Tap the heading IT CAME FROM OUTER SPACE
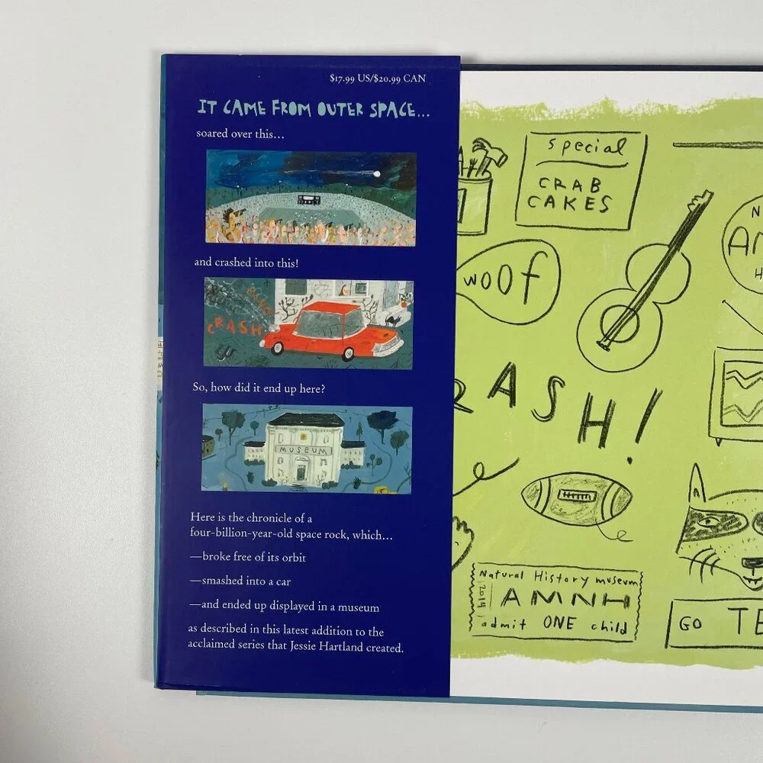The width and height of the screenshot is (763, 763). (x=314, y=109)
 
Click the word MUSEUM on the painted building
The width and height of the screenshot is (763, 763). (x=306, y=450)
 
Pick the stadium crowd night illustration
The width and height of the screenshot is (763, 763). (x=311, y=198)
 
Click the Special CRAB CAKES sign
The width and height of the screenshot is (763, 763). (x=580, y=181)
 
